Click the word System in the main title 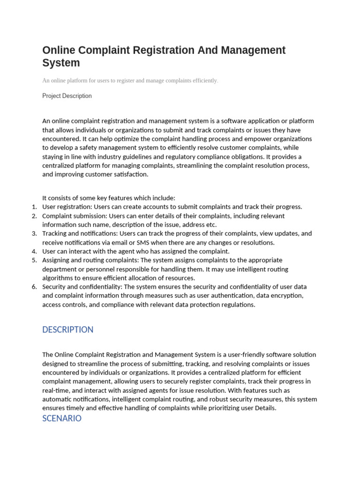pyautogui.click(x=61, y=63)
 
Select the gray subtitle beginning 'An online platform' pyautogui.click(x=130, y=81)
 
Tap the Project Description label pyautogui.click(x=67, y=96)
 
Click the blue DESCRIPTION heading pyautogui.click(x=67, y=330)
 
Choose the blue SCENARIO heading pyautogui.click(x=62, y=418)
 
